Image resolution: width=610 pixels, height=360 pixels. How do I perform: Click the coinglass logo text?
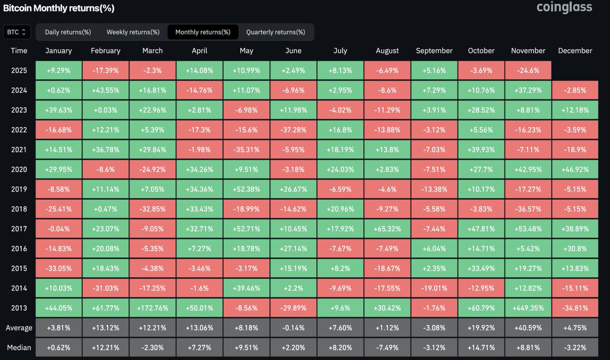[565, 7]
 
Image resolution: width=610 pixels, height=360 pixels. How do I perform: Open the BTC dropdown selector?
[17, 32]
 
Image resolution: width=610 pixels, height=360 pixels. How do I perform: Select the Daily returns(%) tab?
[68, 32]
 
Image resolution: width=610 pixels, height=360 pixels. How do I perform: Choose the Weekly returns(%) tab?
[133, 32]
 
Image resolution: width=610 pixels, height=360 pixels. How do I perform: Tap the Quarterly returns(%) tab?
[276, 32]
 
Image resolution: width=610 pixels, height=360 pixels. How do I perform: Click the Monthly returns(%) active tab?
[202, 32]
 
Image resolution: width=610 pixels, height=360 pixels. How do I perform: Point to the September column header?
[434, 51]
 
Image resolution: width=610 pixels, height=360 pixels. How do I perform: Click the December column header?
[575, 51]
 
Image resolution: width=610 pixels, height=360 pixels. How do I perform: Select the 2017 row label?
[19, 229]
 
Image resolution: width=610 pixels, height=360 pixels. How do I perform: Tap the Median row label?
[19, 348]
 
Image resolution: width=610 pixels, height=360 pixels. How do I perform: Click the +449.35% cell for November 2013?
[528, 308]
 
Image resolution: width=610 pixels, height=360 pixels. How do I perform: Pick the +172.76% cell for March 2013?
[152, 308]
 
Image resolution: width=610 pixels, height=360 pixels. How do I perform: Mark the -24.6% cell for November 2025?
[528, 71]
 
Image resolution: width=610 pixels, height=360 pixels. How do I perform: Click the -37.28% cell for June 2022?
[293, 130]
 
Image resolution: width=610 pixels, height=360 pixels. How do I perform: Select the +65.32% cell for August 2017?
[387, 229]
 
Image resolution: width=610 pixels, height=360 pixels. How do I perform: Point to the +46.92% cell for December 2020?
[575, 169]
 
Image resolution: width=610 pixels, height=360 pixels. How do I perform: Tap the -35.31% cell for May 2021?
[247, 150]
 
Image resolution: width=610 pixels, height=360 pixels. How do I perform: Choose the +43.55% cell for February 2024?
[106, 91]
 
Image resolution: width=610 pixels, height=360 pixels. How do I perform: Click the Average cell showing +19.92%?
[481, 328]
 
